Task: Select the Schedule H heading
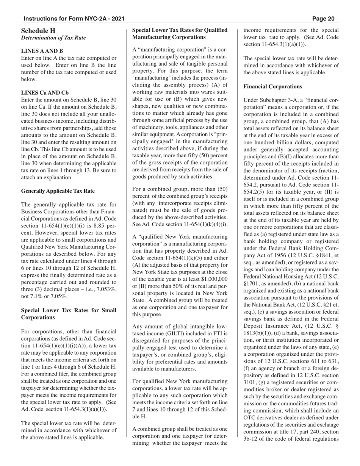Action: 38,31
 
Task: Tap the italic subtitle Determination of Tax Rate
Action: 53,38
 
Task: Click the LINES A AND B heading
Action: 42,51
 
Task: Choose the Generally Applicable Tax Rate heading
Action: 58,191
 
